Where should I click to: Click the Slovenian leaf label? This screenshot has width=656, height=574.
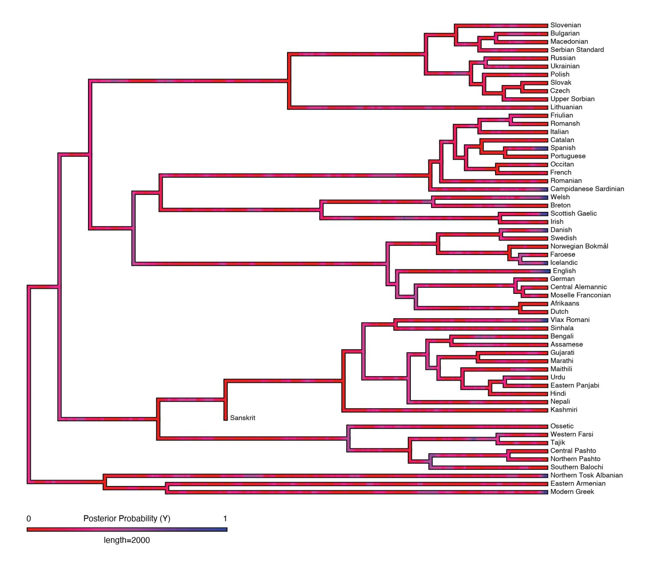point(565,25)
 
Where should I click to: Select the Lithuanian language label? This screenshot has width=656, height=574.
point(566,107)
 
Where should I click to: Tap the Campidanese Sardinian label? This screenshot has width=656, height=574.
point(587,189)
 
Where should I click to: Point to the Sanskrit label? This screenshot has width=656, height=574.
point(242,418)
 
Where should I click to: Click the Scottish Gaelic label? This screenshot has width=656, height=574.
point(573,214)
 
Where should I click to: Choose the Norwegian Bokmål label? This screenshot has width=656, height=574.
point(579,246)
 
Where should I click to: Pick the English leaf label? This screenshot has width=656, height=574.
point(564,271)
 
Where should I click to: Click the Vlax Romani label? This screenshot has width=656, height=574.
point(570,320)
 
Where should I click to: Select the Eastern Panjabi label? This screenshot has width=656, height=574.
point(574,385)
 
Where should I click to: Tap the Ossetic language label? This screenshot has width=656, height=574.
point(562,426)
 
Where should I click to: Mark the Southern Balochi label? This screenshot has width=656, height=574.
point(576,467)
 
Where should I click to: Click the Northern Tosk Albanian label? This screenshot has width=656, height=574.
point(586,475)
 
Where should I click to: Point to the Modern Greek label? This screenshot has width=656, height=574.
point(572,492)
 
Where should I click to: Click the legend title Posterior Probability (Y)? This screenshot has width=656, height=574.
point(127,518)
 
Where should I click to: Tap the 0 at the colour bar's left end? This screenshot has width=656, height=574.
point(29,519)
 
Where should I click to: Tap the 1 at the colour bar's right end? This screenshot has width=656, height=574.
point(225,519)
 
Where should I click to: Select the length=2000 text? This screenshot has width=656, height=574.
point(127,540)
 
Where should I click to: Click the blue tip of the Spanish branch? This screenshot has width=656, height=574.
point(542,148)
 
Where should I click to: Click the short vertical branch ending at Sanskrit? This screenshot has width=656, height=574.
point(225,410)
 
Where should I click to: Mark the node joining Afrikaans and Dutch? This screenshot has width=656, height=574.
point(520,307)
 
